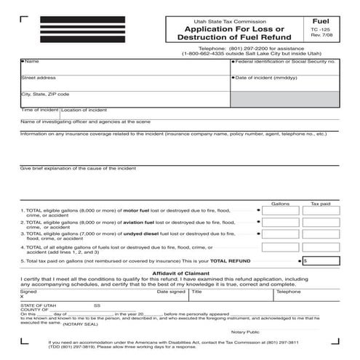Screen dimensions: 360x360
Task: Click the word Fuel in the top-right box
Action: coord(320,23)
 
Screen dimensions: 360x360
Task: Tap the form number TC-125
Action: coord(320,33)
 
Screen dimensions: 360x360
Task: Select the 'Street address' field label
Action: coord(39,77)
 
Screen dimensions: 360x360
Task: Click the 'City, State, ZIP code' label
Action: coord(45,94)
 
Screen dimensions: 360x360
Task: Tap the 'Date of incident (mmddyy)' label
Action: coord(265,77)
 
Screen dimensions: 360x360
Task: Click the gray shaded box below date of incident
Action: coord(284,100)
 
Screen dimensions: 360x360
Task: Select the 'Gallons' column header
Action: coord(281,204)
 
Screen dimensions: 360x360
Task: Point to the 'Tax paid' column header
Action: coord(320,204)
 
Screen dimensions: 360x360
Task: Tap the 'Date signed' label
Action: coord(172,291)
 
